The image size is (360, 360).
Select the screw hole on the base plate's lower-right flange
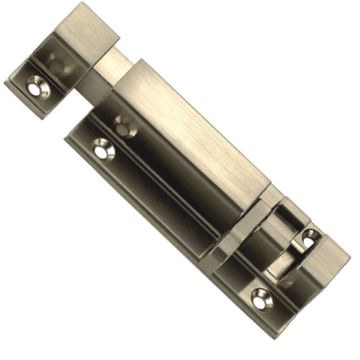click(259, 300)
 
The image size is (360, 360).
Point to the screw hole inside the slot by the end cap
click(309, 237)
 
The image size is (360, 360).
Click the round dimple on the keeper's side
click(56, 65)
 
